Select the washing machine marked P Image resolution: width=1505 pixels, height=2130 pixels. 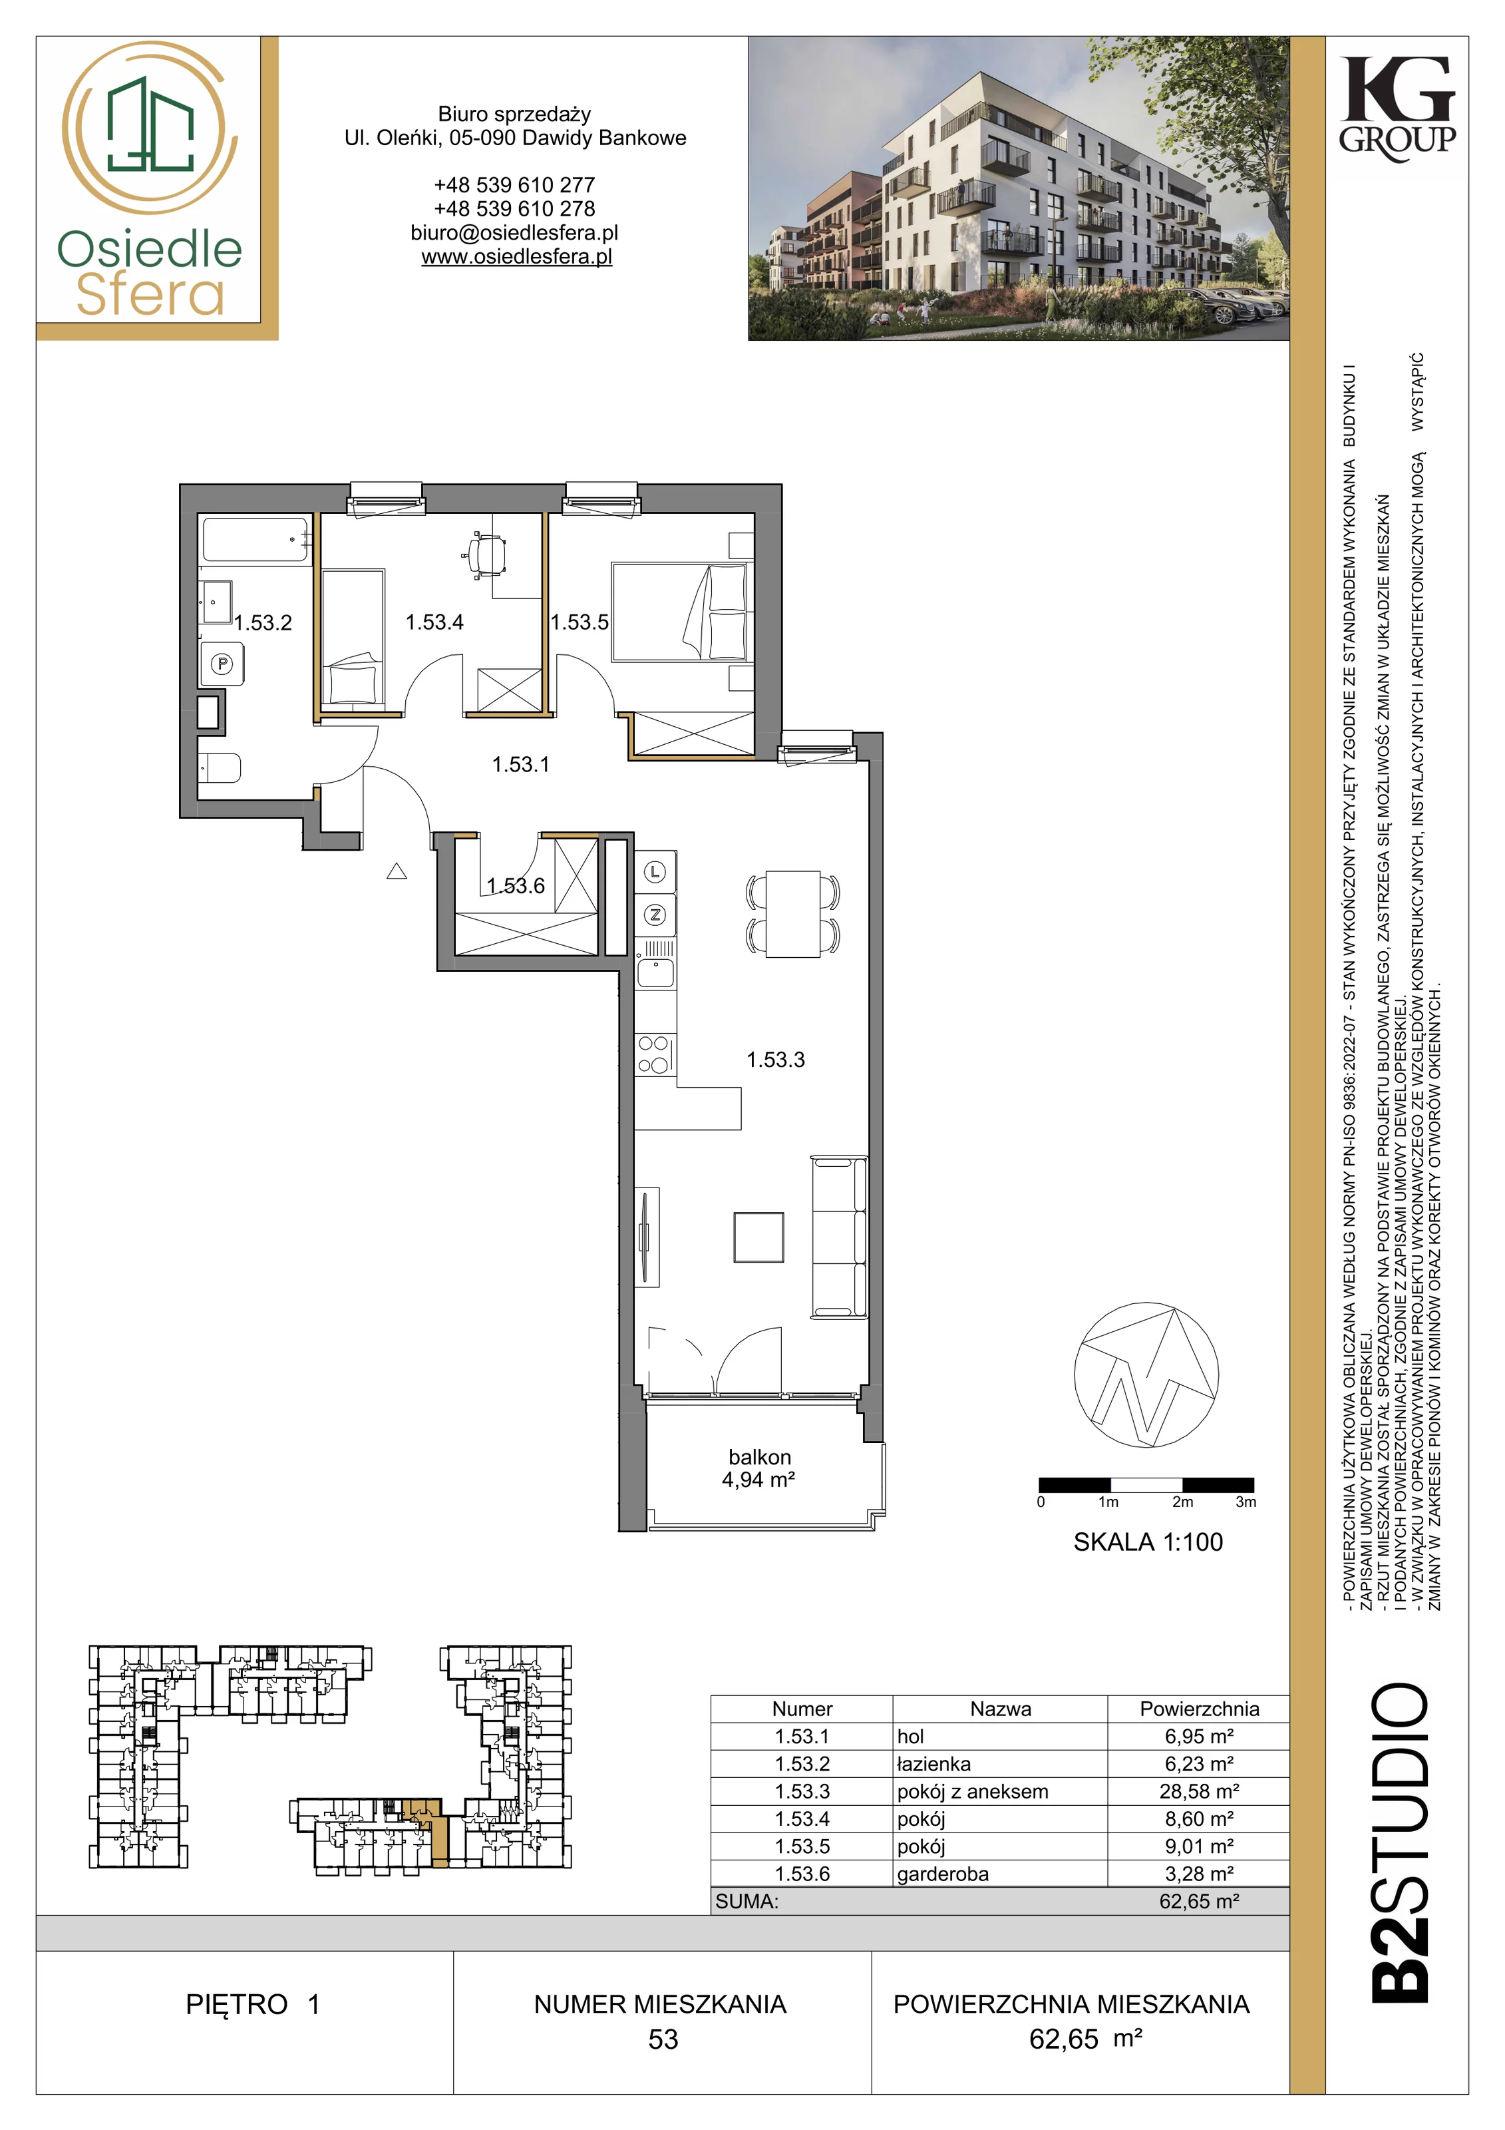[x=222, y=664]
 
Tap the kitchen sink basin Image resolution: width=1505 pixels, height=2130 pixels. [x=655, y=973]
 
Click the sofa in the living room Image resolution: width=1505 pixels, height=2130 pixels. [x=839, y=1237]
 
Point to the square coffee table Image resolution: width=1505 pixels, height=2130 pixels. [x=758, y=1237]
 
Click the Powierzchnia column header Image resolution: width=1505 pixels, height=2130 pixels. [x=1199, y=1709]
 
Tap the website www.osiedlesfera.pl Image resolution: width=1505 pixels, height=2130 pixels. [x=516, y=257]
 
